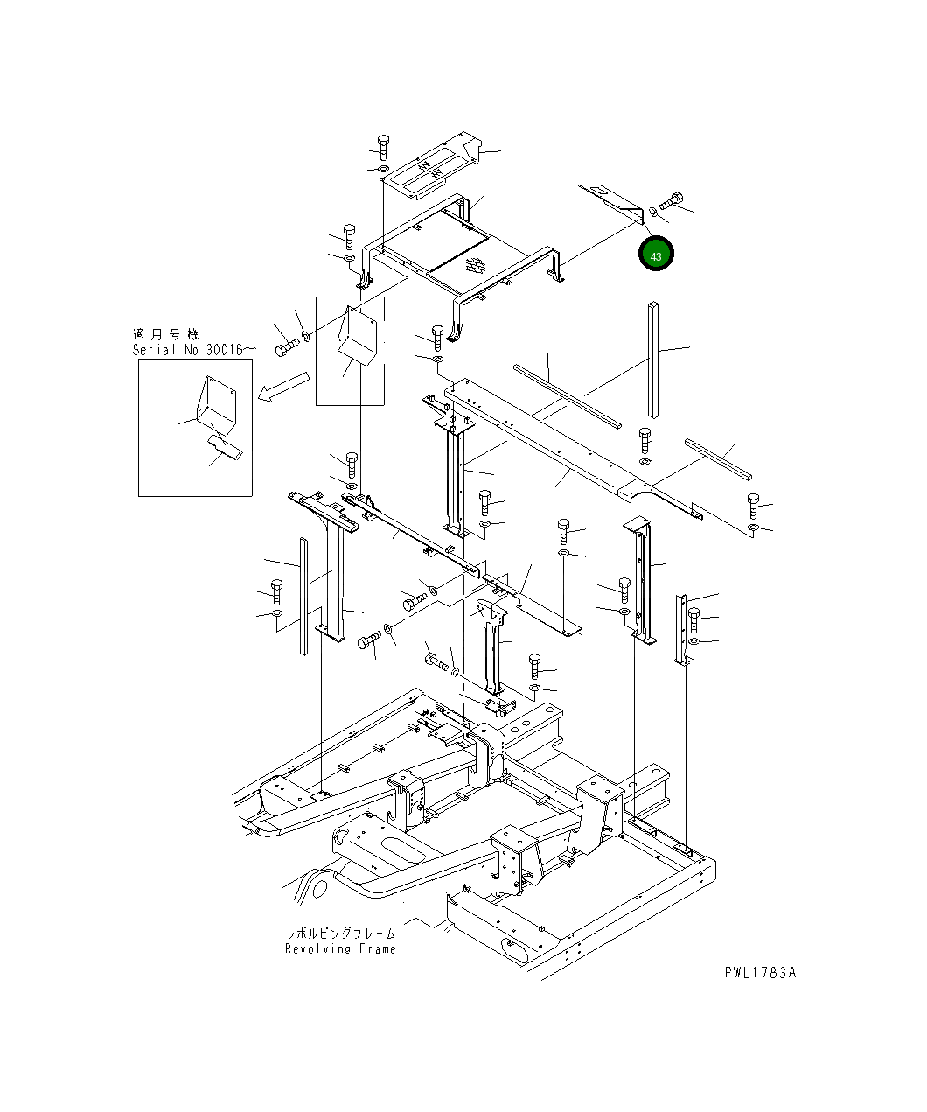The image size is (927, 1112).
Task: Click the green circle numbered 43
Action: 655,254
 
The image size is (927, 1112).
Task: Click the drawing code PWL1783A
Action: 760,973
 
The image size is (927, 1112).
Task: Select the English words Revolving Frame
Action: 340,948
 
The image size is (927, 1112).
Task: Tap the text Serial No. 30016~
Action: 194,350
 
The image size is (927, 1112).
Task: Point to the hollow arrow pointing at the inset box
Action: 282,387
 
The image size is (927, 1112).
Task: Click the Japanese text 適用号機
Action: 165,334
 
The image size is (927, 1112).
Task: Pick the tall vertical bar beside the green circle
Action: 653,360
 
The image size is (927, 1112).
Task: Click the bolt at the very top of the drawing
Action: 383,148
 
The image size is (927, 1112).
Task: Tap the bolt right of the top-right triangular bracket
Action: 671,201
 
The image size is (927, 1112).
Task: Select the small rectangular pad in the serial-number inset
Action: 225,447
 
